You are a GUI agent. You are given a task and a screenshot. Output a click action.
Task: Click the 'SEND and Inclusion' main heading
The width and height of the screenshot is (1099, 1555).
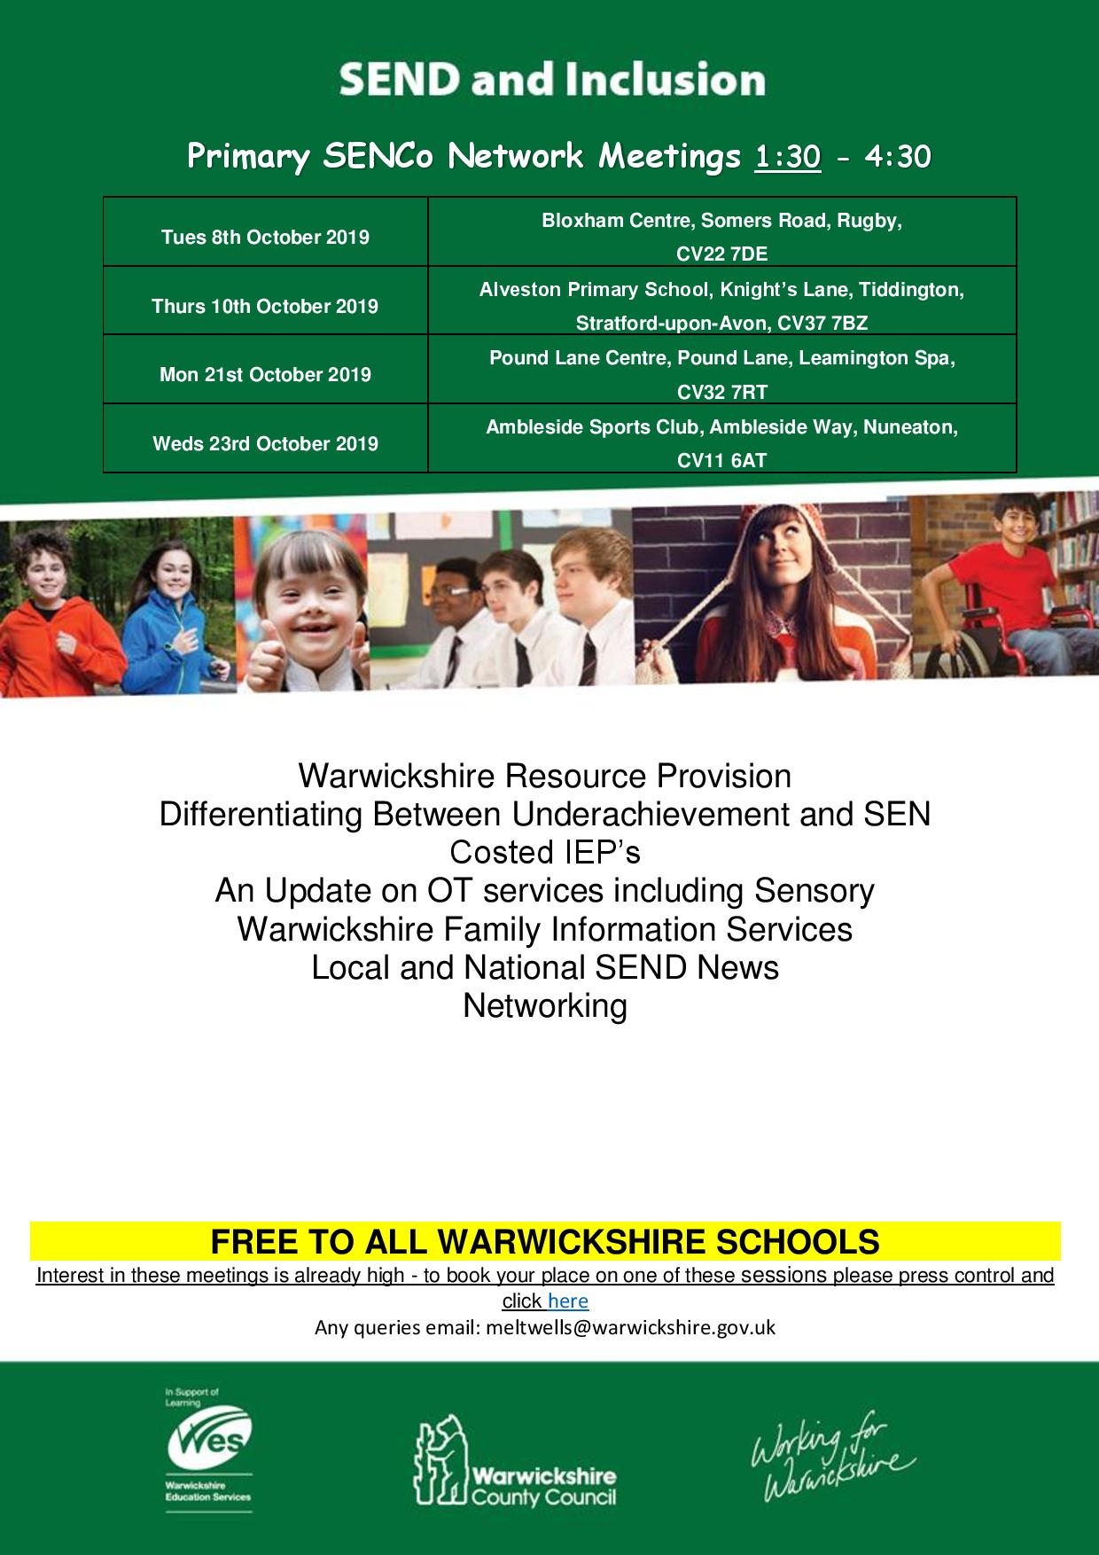tap(551, 80)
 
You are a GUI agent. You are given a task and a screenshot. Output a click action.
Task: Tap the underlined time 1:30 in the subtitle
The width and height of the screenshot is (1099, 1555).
tap(787, 157)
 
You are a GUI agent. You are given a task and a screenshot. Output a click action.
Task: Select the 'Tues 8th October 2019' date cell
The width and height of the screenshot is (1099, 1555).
tap(265, 237)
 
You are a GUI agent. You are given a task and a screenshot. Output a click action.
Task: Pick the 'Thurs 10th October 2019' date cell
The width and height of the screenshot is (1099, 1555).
tap(265, 306)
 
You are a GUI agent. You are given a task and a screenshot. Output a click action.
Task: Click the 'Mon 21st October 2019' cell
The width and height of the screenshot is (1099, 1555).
tap(265, 374)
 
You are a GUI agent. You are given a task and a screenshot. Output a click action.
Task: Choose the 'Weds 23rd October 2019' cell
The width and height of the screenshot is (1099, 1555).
tap(265, 443)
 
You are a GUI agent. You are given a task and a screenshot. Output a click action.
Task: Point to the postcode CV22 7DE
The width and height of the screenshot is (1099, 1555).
tap(721, 254)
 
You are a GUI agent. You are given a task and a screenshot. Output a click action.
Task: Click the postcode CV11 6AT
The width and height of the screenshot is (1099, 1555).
tap(721, 461)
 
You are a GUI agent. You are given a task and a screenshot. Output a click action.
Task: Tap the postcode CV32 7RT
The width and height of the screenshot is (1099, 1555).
tap(721, 392)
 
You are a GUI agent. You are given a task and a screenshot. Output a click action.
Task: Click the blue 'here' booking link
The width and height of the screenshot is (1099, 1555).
tap(568, 1301)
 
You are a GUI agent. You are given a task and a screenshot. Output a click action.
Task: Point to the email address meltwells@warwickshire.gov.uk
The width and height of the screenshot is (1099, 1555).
tap(630, 1327)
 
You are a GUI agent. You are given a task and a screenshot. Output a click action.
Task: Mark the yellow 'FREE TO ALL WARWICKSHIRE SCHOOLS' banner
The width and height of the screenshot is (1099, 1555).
tap(545, 1241)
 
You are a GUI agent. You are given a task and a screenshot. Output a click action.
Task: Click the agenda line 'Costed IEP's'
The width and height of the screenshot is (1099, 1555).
tap(545, 852)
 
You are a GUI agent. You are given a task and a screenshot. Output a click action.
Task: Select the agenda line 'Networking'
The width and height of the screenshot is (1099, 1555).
tap(545, 1005)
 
